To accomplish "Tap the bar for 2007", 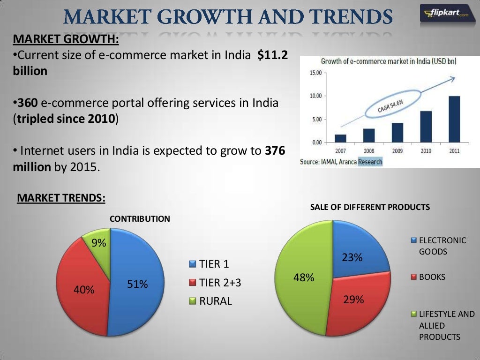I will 341,138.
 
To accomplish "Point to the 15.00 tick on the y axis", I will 315,73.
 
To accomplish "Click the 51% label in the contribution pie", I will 138,284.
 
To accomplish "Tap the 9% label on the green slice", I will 99,243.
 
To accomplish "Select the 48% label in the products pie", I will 303,277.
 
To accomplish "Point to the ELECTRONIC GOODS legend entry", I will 438,246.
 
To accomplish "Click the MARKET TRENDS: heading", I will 61,198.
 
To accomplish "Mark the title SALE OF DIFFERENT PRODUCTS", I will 370,207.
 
